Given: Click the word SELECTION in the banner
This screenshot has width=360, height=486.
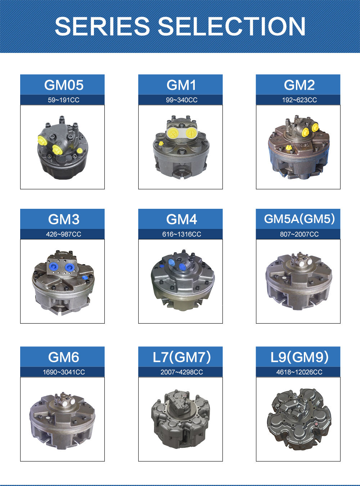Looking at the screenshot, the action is pos(232,26).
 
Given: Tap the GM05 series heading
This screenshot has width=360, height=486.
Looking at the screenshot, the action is pos(64,85).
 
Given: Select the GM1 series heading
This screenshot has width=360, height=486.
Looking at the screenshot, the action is pos(181,85).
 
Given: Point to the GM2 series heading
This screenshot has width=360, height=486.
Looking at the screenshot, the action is pos(299,85).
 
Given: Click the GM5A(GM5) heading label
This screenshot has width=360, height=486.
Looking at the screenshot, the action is pos(299,219).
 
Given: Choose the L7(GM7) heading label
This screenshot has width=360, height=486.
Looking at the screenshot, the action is pos(182,357).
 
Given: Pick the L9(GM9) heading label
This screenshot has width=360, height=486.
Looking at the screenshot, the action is pos(299,357).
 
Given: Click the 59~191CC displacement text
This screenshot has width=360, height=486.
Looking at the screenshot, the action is pos(64,100).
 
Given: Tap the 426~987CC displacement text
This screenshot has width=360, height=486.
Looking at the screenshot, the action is pos(64,234).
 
